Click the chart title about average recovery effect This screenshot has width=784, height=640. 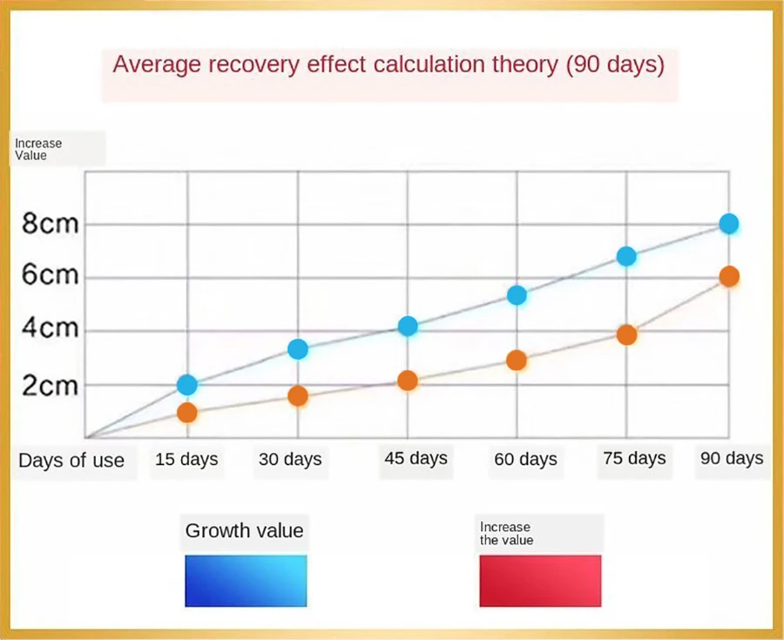(x=389, y=64)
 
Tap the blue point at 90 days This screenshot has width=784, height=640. (x=729, y=224)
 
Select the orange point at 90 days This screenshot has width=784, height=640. (x=729, y=277)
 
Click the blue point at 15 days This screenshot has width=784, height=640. (x=186, y=385)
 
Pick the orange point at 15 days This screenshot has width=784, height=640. (x=186, y=413)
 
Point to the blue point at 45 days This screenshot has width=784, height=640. (x=408, y=327)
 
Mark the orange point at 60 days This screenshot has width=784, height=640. (x=517, y=360)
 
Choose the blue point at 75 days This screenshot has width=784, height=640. (x=626, y=256)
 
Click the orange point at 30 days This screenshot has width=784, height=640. (x=298, y=396)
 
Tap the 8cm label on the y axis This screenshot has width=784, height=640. (x=51, y=224)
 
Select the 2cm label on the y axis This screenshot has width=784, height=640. (x=51, y=386)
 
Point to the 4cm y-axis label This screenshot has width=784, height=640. (x=51, y=330)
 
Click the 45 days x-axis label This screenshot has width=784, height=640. (x=416, y=458)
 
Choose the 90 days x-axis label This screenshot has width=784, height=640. (x=731, y=459)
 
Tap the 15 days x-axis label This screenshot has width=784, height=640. (x=186, y=460)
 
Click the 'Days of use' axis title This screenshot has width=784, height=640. (x=71, y=461)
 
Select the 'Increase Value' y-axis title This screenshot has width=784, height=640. (x=38, y=149)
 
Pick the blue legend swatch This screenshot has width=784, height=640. (x=246, y=581)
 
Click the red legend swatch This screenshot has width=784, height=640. (x=540, y=581)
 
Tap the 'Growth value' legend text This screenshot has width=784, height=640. (x=245, y=530)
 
